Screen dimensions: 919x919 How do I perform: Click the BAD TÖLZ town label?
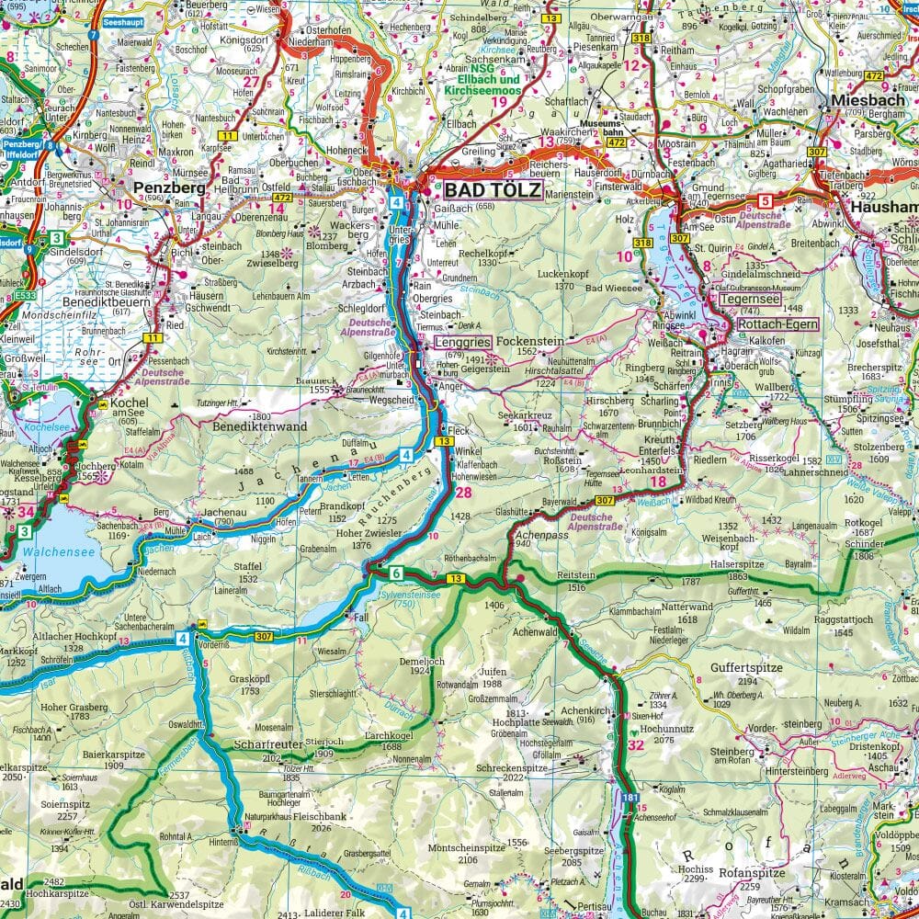coord(494,191)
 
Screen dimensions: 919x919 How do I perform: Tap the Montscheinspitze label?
coord(468,847)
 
